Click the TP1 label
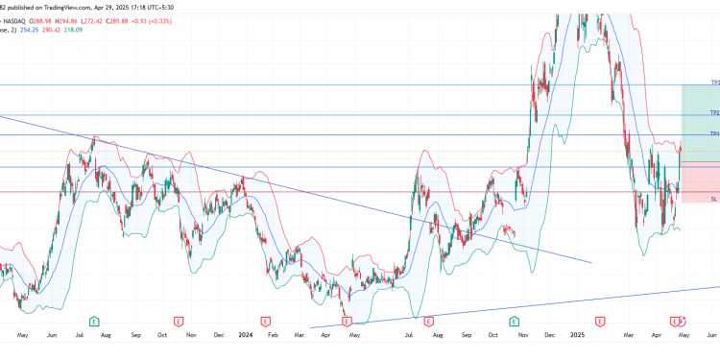[x=714, y=133]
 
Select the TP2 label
[x=714, y=113]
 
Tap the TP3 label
[x=714, y=84]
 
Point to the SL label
[x=714, y=199]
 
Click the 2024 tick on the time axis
[x=245, y=336]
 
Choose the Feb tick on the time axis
[x=274, y=336]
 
